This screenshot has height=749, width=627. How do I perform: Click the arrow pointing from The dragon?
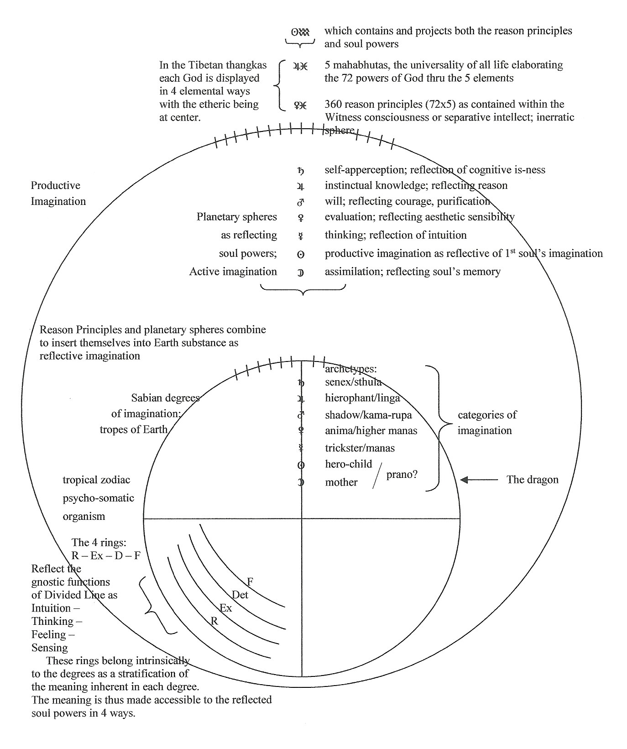pyautogui.click(x=479, y=480)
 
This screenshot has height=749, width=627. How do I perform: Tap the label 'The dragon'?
pyautogui.click(x=533, y=479)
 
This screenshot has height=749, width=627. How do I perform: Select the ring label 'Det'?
pyautogui.click(x=240, y=594)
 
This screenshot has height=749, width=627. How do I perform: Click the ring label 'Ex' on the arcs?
pyautogui.click(x=226, y=608)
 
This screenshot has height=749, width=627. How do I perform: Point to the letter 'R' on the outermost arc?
pyautogui.click(x=214, y=620)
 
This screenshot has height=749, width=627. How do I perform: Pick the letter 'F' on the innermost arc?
pyautogui.click(x=250, y=581)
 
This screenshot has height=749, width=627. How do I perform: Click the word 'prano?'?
pyautogui.click(x=402, y=475)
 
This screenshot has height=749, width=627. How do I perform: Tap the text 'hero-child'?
pyautogui.click(x=349, y=464)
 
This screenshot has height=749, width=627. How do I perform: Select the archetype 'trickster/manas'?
pyautogui.click(x=360, y=448)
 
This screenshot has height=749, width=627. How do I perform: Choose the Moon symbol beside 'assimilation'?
pyautogui.click(x=301, y=272)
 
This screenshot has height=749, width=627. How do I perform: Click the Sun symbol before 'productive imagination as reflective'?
pyautogui.click(x=301, y=254)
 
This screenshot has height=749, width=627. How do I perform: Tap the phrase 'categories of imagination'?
pyautogui.click(x=487, y=423)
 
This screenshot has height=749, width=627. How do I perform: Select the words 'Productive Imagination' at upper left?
pyautogui.click(x=58, y=193)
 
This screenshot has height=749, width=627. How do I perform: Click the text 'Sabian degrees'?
pyautogui.click(x=165, y=398)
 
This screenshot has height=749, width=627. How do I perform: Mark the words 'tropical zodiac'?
pyautogui.click(x=96, y=480)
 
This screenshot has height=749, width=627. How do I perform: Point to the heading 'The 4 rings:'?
pyautogui.click(x=99, y=542)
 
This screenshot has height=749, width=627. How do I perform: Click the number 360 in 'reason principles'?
pyautogui.click(x=333, y=104)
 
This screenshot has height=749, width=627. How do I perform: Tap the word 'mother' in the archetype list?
pyautogui.click(x=341, y=482)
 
